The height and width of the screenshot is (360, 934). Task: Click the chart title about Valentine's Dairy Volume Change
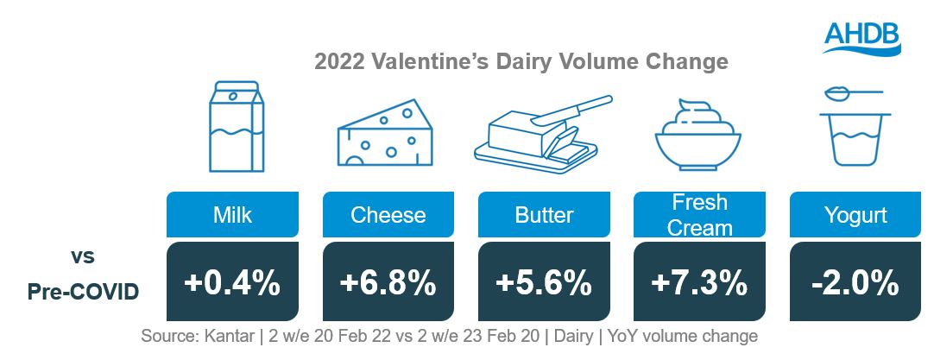pyautogui.click(x=521, y=62)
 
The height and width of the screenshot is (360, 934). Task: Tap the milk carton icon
pyautogui.click(x=236, y=126)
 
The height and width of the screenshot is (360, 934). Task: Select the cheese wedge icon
pyautogui.click(x=385, y=132)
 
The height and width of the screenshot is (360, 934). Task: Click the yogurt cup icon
pyautogui.click(x=855, y=139)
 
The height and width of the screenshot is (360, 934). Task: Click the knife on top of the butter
pyautogui.click(x=571, y=111)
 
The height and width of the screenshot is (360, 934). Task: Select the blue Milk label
pyautogui.click(x=232, y=215)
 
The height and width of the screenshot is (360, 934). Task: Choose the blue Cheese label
pyautogui.click(x=388, y=215)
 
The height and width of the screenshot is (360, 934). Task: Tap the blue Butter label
pyautogui.click(x=544, y=215)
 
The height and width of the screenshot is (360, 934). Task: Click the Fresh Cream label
pyautogui.click(x=699, y=215)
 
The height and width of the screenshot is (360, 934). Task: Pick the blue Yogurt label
pyautogui.click(x=855, y=215)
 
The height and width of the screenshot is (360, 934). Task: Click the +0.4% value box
pyautogui.click(x=232, y=281)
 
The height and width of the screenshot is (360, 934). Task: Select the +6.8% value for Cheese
pyautogui.click(x=388, y=281)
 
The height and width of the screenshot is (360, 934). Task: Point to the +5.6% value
pyautogui.click(x=544, y=281)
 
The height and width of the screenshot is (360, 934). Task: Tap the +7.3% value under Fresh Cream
pyautogui.click(x=699, y=281)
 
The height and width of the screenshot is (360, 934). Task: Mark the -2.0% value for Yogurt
pyautogui.click(x=855, y=281)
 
